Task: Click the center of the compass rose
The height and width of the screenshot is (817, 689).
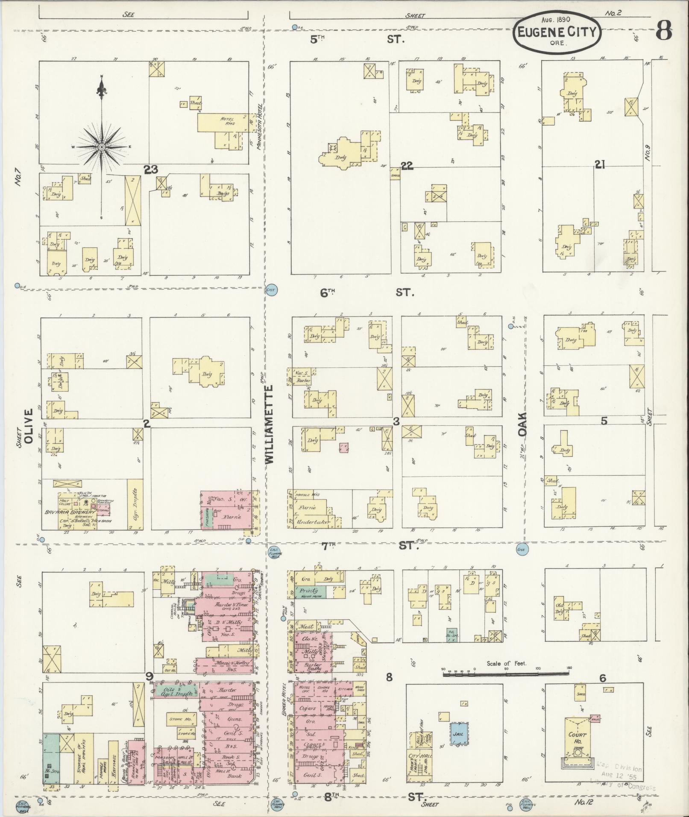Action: tap(102, 147)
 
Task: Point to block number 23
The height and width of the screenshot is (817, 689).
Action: tap(151, 170)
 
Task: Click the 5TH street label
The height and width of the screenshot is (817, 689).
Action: tap(318, 40)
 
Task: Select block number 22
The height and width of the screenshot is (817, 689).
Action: tap(407, 166)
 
